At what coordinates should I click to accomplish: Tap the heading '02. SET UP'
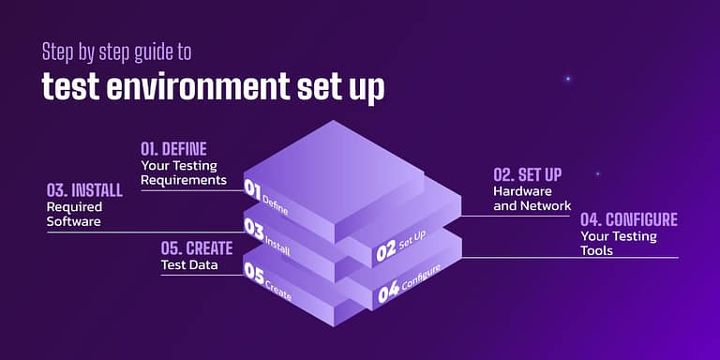tap(534, 174)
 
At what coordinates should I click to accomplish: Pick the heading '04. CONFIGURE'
tap(628, 220)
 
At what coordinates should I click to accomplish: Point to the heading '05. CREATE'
tap(196, 248)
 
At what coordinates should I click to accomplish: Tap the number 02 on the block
tap(385, 252)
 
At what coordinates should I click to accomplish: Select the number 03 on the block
tap(253, 228)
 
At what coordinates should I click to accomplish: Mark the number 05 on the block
tap(254, 272)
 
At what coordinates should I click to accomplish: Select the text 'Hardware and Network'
tap(532, 198)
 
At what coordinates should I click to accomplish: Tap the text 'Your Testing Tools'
tap(618, 243)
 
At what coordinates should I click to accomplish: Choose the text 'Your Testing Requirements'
tap(184, 172)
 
